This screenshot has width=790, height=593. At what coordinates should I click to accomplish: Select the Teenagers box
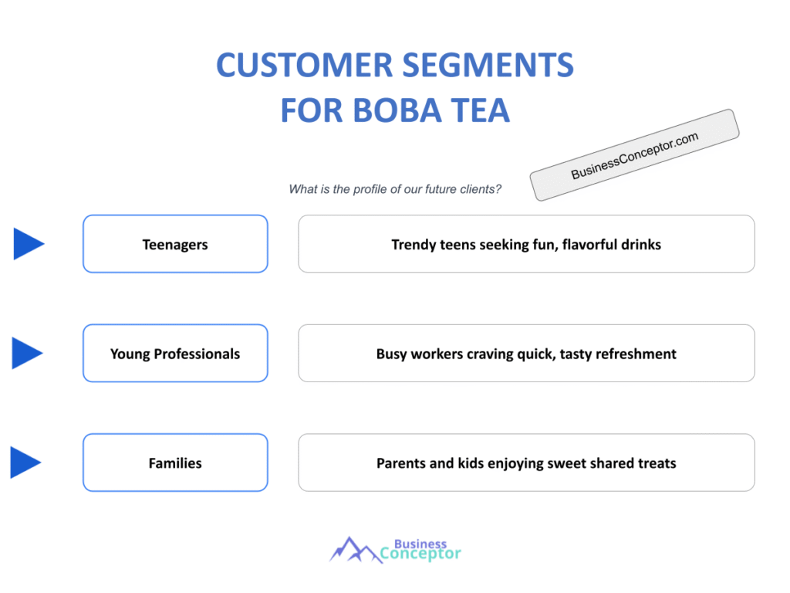[175, 245]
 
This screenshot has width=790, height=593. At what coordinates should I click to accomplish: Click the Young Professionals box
[175, 354]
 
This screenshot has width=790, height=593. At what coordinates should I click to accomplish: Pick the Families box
[175, 464]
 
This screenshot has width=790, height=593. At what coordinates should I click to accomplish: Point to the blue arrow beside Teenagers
[29, 244]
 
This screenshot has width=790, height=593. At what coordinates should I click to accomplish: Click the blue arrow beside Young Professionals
[28, 353]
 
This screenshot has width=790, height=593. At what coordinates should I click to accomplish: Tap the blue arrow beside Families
[25, 463]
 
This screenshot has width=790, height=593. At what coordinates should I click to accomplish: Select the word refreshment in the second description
[637, 354]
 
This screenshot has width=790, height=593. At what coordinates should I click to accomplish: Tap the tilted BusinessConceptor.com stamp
[634, 155]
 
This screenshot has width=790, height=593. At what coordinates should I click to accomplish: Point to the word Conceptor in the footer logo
[420, 554]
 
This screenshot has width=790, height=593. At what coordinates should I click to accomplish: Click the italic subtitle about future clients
[395, 189]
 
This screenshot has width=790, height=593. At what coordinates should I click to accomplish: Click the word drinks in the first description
[640, 245]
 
